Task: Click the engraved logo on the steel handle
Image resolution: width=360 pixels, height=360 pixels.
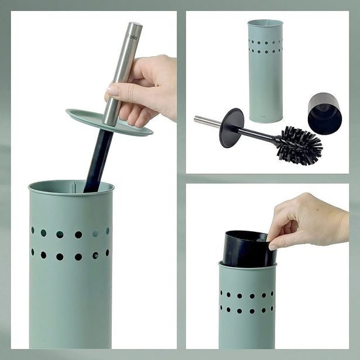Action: [132, 37]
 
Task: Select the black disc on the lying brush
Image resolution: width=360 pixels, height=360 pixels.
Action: [231, 127]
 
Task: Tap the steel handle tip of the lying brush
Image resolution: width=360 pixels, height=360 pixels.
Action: [197, 119]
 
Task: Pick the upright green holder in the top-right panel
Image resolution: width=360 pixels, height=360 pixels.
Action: [265, 70]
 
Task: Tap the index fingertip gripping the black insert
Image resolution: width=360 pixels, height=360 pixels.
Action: [273, 246]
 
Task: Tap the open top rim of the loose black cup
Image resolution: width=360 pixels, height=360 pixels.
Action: [325, 96]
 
